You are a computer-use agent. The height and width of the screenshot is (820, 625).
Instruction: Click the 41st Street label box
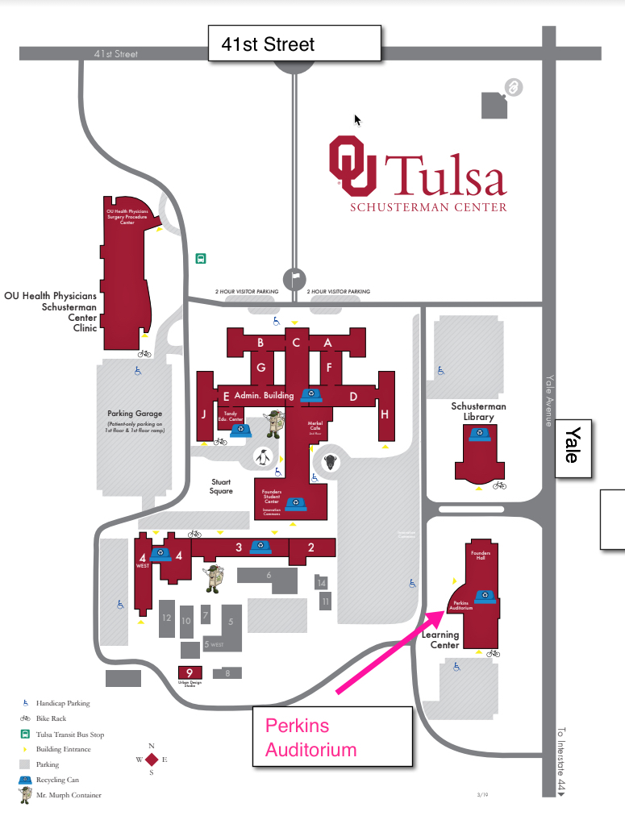click(x=294, y=44)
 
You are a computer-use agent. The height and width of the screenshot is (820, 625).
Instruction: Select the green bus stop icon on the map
click(x=201, y=259)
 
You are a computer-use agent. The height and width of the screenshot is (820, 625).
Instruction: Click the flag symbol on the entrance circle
click(x=295, y=276)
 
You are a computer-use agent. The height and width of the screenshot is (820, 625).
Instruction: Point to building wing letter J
click(x=204, y=414)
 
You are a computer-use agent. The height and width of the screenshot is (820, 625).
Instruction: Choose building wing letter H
click(x=385, y=414)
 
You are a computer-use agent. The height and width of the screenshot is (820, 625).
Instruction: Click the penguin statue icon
click(x=263, y=457)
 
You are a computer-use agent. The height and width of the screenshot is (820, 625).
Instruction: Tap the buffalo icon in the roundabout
click(x=330, y=463)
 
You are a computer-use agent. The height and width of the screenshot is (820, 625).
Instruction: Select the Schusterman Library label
click(x=479, y=411)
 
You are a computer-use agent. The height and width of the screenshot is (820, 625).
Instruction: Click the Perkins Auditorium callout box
click(x=332, y=737)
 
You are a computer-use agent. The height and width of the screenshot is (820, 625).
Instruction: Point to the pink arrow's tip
click(x=443, y=613)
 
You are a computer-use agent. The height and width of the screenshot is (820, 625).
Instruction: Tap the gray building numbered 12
click(x=167, y=618)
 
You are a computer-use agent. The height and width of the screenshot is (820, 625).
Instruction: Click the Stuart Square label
click(x=221, y=486)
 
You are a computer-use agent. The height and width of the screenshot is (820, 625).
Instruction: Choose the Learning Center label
click(x=441, y=640)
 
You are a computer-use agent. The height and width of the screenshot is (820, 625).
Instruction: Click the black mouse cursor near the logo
click(x=357, y=119)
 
